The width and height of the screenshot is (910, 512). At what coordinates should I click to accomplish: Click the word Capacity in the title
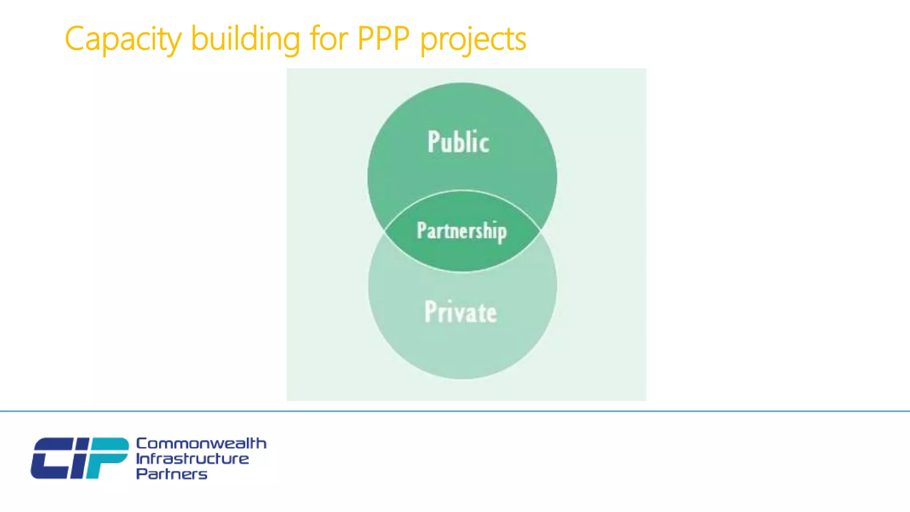[123, 40]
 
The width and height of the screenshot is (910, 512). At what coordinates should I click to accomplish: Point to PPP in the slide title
[383, 39]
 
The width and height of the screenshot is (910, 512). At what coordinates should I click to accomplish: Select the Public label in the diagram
[459, 142]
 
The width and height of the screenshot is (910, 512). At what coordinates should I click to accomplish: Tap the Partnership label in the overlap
[462, 231]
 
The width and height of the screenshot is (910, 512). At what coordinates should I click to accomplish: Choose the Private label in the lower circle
[461, 312]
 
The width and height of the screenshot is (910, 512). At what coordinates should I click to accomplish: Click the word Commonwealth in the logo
[201, 443]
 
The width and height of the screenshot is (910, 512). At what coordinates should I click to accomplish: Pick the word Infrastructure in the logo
[192, 459]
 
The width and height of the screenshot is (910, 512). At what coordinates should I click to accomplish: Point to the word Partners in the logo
[172, 474]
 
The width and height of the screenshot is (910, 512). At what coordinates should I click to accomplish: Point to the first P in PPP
[366, 39]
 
